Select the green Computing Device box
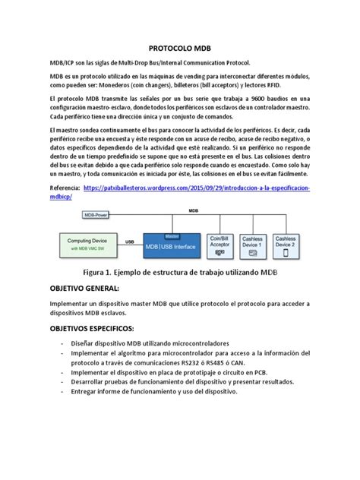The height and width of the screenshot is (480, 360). [90, 244]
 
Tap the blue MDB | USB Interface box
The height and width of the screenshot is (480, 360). [180, 245]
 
